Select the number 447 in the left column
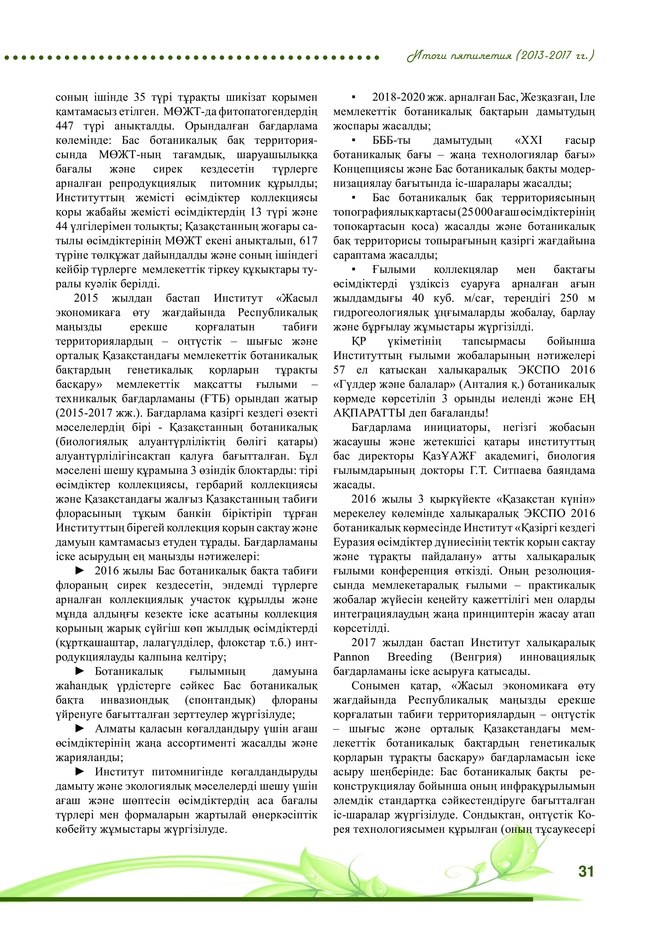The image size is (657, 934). click(x=64, y=126)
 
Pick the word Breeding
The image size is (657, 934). click(x=410, y=657)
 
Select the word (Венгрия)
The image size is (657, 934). click(x=476, y=657)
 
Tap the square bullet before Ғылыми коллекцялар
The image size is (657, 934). click(x=353, y=269)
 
